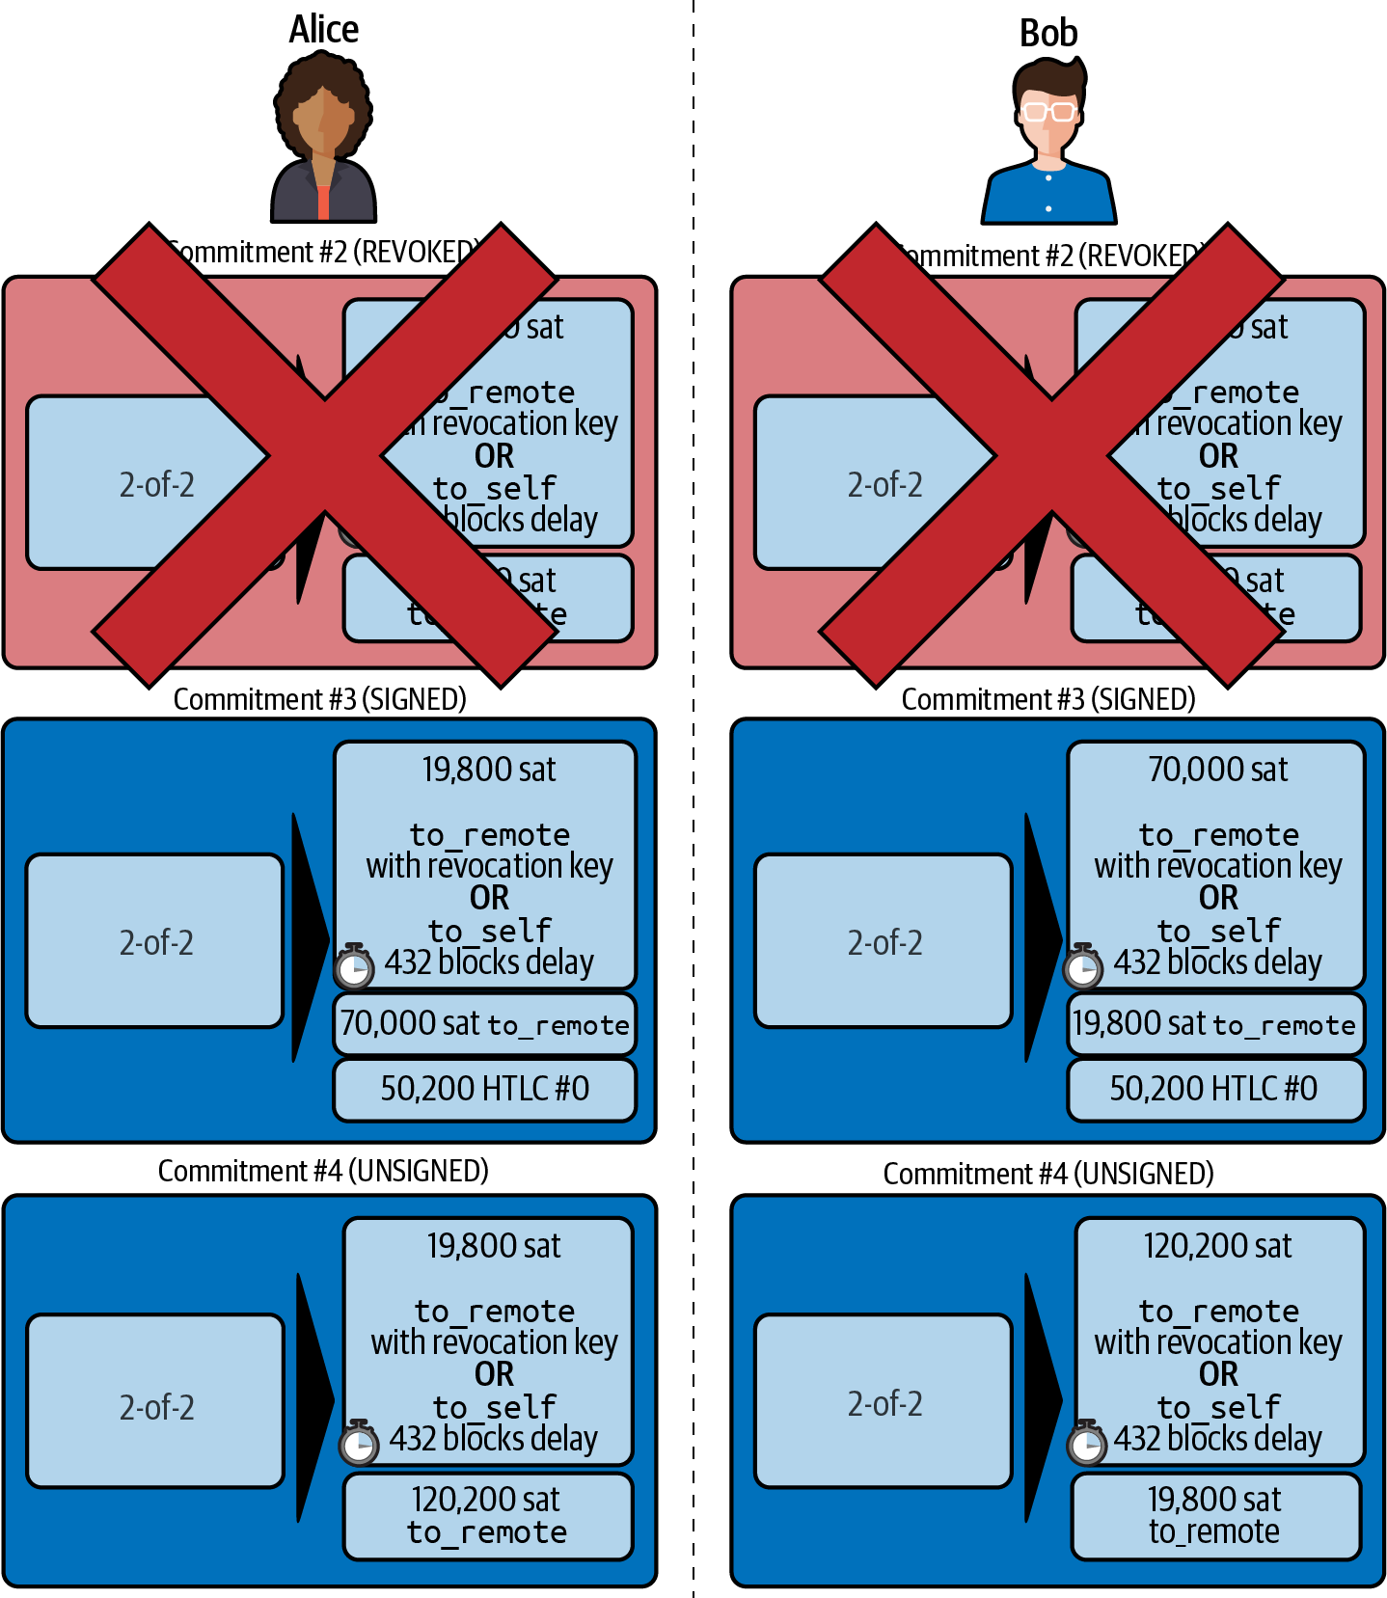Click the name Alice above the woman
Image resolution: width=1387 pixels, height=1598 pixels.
click(x=323, y=30)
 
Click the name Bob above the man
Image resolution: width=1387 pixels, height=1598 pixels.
click(x=1048, y=34)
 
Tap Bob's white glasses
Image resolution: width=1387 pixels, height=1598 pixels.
click(x=1048, y=111)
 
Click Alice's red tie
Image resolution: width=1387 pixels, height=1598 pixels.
click(x=323, y=202)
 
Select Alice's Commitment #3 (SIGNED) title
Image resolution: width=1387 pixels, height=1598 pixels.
click(x=319, y=699)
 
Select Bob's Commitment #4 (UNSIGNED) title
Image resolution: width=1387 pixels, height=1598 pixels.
click(x=1048, y=1174)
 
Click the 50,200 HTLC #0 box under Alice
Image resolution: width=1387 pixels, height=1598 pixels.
click(x=484, y=1089)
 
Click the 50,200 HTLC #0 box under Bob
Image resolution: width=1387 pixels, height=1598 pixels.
click(x=1214, y=1089)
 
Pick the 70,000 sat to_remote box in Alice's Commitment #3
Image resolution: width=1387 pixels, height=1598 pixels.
click(x=484, y=1023)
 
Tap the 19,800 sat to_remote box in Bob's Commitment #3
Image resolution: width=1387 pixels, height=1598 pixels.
click(x=1214, y=1023)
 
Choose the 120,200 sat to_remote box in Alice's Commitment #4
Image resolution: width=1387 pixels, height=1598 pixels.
click(x=487, y=1515)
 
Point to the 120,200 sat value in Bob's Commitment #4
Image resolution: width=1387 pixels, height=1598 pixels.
click(x=1217, y=1246)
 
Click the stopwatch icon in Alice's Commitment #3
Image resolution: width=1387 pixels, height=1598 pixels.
click(x=354, y=966)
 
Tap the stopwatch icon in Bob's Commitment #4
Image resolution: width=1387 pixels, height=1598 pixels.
click(x=1087, y=1442)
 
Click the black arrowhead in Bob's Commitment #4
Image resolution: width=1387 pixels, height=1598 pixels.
click(x=1041, y=1398)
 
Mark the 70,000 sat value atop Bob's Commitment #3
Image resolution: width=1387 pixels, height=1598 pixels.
click(x=1217, y=770)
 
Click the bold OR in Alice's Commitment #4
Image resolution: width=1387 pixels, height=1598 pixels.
click(x=494, y=1374)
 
